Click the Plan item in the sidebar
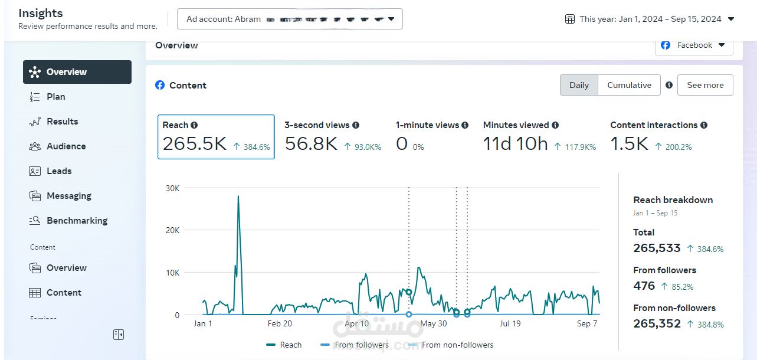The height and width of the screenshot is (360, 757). click(x=56, y=97)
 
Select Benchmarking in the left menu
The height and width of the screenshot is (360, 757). click(x=77, y=221)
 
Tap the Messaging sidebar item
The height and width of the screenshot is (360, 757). click(x=68, y=196)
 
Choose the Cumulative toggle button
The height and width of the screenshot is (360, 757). click(x=629, y=85)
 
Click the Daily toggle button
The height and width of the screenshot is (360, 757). click(x=579, y=85)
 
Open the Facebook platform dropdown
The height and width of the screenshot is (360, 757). click(x=694, y=45)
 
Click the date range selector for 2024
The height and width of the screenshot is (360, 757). click(x=650, y=19)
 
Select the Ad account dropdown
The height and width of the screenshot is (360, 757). click(x=290, y=19)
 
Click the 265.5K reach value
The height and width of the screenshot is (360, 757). click(x=194, y=144)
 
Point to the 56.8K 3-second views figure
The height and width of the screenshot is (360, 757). click(x=311, y=144)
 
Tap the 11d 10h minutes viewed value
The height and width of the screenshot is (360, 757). click(x=515, y=144)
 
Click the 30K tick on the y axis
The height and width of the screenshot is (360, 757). click(x=172, y=188)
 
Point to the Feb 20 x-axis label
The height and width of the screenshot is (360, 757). click(x=280, y=323)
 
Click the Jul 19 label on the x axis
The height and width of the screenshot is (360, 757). click(x=511, y=323)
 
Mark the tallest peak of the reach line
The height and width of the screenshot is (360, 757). click(x=238, y=196)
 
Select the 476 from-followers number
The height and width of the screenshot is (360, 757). click(x=644, y=286)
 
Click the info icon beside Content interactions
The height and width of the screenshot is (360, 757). click(x=704, y=125)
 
